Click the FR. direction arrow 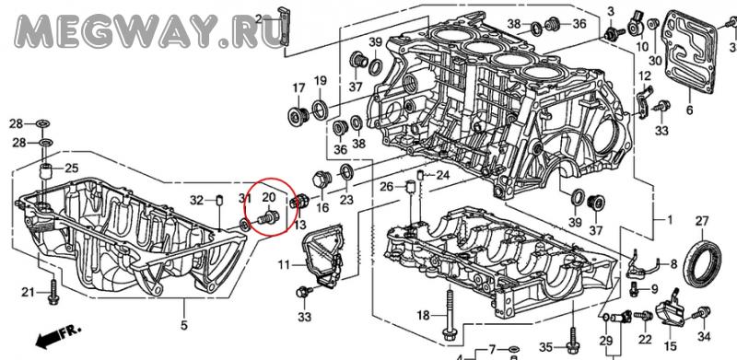58,335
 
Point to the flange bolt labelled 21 53,292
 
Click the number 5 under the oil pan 183,324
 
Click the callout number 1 670,219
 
